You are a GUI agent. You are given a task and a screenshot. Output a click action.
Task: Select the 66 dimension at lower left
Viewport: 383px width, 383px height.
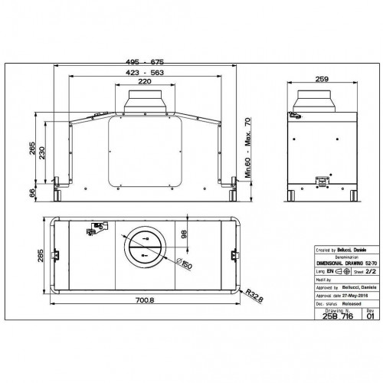31,195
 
